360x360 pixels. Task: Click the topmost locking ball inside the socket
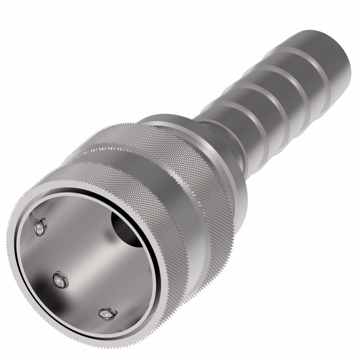point(41,227)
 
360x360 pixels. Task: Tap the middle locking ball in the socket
point(60,279)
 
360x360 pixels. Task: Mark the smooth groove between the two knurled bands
point(173,180)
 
